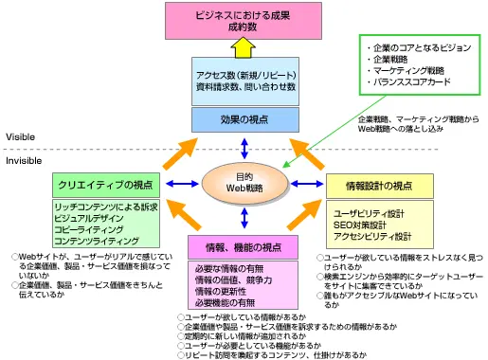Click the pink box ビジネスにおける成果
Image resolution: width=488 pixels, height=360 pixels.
[x=244, y=21]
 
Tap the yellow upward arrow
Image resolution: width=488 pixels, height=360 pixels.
[x=243, y=47]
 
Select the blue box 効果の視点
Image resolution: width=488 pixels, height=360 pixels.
[x=245, y=119]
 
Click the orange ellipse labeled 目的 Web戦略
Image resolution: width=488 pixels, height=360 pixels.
[x=244, y=183]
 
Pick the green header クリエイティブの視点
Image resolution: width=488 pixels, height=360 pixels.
[x=106, y=185]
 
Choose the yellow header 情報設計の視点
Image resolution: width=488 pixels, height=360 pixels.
[x=379, y=186]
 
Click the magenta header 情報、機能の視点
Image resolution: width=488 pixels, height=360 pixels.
[x=243, y=247]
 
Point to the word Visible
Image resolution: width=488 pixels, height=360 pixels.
[x=20, y=137]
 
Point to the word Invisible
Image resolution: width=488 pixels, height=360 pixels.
[x=24, y=161]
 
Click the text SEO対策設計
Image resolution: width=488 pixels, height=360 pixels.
[x=360, y=225]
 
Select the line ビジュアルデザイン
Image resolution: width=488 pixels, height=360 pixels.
[x=89, y=218]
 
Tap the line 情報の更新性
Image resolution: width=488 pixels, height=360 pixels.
[x=221, y=291]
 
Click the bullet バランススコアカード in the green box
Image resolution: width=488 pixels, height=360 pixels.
[x=409, y=82]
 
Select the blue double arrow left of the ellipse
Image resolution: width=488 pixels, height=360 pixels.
[x=182, y=184]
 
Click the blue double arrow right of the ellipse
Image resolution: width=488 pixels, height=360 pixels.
[x=307, y=184]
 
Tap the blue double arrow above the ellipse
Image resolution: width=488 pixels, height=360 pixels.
[x=244, y=149]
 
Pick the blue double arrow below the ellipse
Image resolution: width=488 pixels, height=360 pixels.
[x=244, y=218]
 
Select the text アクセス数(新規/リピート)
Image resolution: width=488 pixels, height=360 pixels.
[x=246, y=76]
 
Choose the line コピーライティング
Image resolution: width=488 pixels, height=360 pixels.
[x=88, y=229]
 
